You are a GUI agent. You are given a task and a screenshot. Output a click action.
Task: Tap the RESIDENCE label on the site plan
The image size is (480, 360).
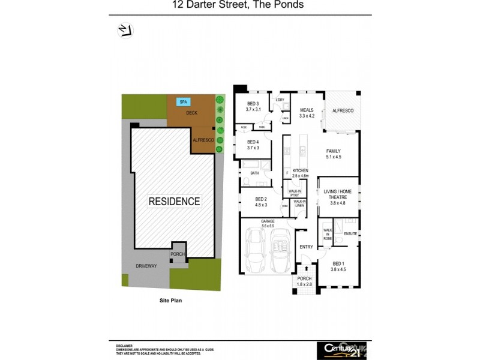point(174,202)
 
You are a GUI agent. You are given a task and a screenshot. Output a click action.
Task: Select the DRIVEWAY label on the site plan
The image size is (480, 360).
point(146,266)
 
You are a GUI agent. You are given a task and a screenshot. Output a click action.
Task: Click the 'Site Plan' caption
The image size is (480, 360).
point(170,301)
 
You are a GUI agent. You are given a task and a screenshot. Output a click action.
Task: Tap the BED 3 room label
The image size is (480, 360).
point(253,107)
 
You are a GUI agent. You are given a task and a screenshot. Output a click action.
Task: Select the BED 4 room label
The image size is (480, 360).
point(253,144)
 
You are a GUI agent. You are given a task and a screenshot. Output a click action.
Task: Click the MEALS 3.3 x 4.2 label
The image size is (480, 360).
point(307,112)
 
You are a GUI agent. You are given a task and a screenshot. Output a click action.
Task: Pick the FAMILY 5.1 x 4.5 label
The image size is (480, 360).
point(334,154)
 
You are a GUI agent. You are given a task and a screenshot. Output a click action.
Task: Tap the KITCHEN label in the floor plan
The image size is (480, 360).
point(300,173)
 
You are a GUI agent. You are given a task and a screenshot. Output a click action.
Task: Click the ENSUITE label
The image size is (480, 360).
point(350,234)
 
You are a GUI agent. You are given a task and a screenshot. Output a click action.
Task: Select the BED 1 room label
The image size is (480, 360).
point(339,266)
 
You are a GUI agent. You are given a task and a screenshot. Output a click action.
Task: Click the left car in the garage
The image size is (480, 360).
point(256,250)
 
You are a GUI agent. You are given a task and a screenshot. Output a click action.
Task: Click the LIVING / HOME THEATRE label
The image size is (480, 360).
point(339,197)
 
